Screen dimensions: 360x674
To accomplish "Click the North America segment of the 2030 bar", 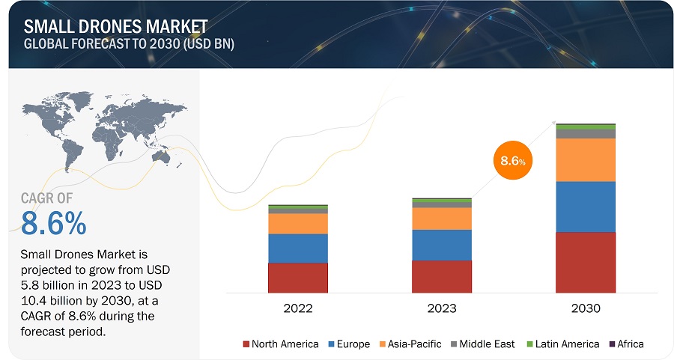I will pyautogui.click(x=585, y=262).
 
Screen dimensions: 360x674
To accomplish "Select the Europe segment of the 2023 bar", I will pyautogui.click(x=441, y=245).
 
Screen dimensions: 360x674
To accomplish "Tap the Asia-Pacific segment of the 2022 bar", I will pyautogui.click(x=297, y=223).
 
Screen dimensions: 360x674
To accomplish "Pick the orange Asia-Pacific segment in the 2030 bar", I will pyautogui.click(x=585, y=159).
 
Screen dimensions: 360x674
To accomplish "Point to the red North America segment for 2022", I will pyautogui.click(x=297, y=277).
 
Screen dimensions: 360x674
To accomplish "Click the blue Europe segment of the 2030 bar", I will pyautogui.click(x=585, y=207).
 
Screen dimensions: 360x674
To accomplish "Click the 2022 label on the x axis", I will pyautogui.click(x=297, y=308).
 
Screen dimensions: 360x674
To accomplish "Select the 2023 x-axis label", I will pyautogui.click(x=441, y=308).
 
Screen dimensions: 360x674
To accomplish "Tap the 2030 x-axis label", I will pyautogui.click(x=585, y=308).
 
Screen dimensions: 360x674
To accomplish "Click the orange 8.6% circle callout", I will pyautogui.click(x=513, y=161).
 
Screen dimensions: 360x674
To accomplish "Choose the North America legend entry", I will pyautogui.click(x=281, y=344).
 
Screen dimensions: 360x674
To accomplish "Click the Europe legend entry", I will pyautogui.click(x=348, y=344).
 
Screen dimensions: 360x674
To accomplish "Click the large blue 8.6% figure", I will pyautogui.click(x=54, y=223).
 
